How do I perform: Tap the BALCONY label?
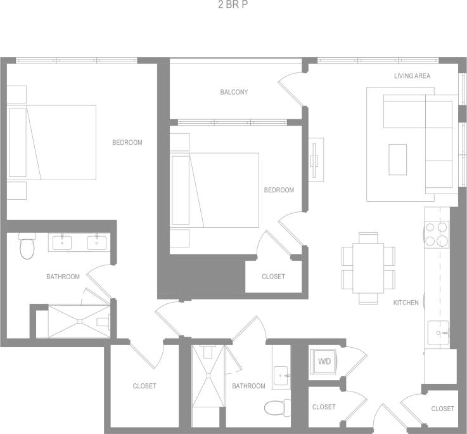(x=234, y=92)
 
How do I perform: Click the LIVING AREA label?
(x=412, y=76)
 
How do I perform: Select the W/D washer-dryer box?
(x=324, y=362)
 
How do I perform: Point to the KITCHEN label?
(x=406, y=303)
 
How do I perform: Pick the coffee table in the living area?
(x=398, y=159)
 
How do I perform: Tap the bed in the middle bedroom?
(x=215, y=189)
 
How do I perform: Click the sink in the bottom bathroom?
(x=281, y=376)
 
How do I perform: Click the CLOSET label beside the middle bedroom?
(x=273, y=277)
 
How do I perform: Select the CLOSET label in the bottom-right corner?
(x=442, y=409)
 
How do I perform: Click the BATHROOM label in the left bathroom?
(x=63, y=277)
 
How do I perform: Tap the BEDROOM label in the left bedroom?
(x=127, y=143)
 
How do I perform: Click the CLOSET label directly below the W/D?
(x=324, y=407)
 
